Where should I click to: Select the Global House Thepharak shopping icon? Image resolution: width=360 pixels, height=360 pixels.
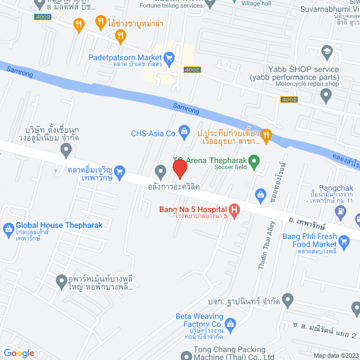click(x=8, y=228)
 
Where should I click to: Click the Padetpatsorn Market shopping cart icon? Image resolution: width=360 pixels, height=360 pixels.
click(x=169, y=57)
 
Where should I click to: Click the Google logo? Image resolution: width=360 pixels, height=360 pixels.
click(x=19, y=353)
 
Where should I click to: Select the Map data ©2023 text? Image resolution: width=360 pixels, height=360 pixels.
click(x=335, y=355)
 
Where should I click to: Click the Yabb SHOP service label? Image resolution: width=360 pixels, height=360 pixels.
click(x=295, y=69)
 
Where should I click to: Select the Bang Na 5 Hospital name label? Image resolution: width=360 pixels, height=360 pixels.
click(x=191, y=209)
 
